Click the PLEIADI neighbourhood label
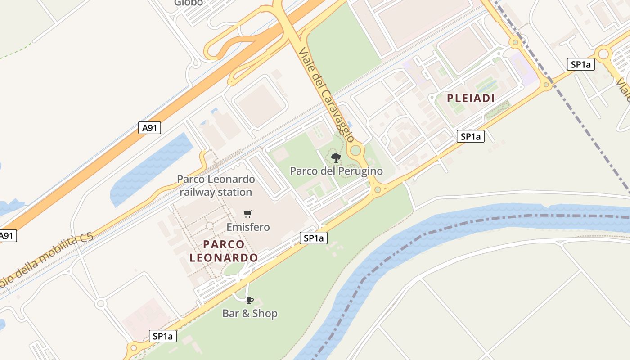tap(471, 98)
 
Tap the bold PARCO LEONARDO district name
tap(224, 251)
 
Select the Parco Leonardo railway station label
tap(216, 185)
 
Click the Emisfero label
tap(248, 227)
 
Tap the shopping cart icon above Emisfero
tap(247, 214)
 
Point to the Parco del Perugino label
tap(336, 171)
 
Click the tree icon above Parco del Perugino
tap(336, 157)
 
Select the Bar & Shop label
tap(250, 313)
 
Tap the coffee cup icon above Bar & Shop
tap(250, 300)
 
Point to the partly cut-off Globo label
tap(189, 3)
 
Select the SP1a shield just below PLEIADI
tap(471, 136)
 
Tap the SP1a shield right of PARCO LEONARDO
tap(314, 238)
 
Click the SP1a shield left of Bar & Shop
tap(163, 336)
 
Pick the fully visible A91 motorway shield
tap(149, 128)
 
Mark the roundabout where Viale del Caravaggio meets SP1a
tap(378, 190)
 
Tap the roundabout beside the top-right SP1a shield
tap(603, 54)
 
